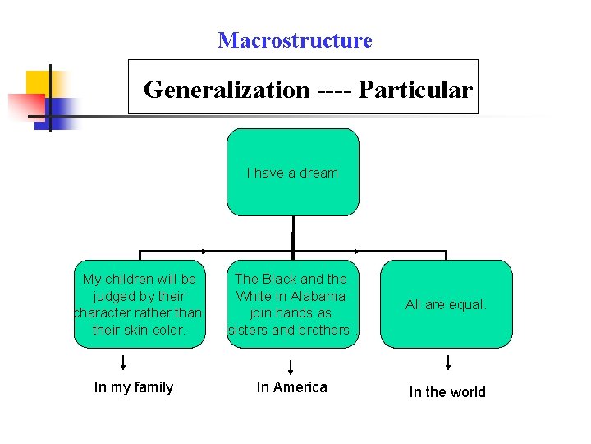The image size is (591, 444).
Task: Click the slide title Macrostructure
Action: tap(295, 40)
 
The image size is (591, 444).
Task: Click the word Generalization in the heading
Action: tap(226, 90)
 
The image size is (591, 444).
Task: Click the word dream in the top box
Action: tap(318, 173)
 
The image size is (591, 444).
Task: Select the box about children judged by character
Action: tap(139, 304)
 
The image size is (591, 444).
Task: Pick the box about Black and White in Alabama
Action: tap(291, 304)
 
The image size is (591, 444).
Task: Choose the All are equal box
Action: tap(447, 304)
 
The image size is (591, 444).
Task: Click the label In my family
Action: tap(134, 387)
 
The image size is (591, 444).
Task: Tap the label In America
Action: tap(291, 387)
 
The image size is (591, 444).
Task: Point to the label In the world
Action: tap(447, 392)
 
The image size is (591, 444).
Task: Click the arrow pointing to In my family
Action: tap(123, 363)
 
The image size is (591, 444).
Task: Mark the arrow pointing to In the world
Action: tap(448, 363)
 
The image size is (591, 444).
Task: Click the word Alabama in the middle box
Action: tap(318, 296)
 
